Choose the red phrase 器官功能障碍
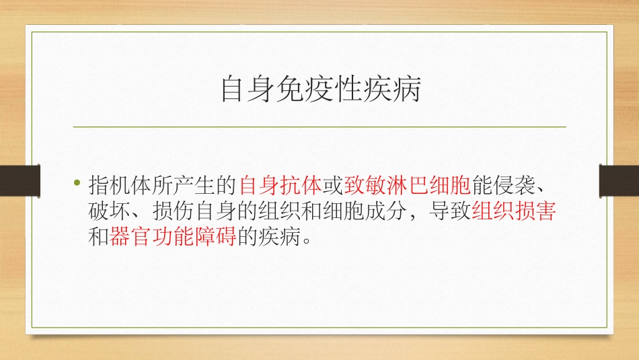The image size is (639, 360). coord(172,238)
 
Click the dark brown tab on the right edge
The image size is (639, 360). coord(619,180)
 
